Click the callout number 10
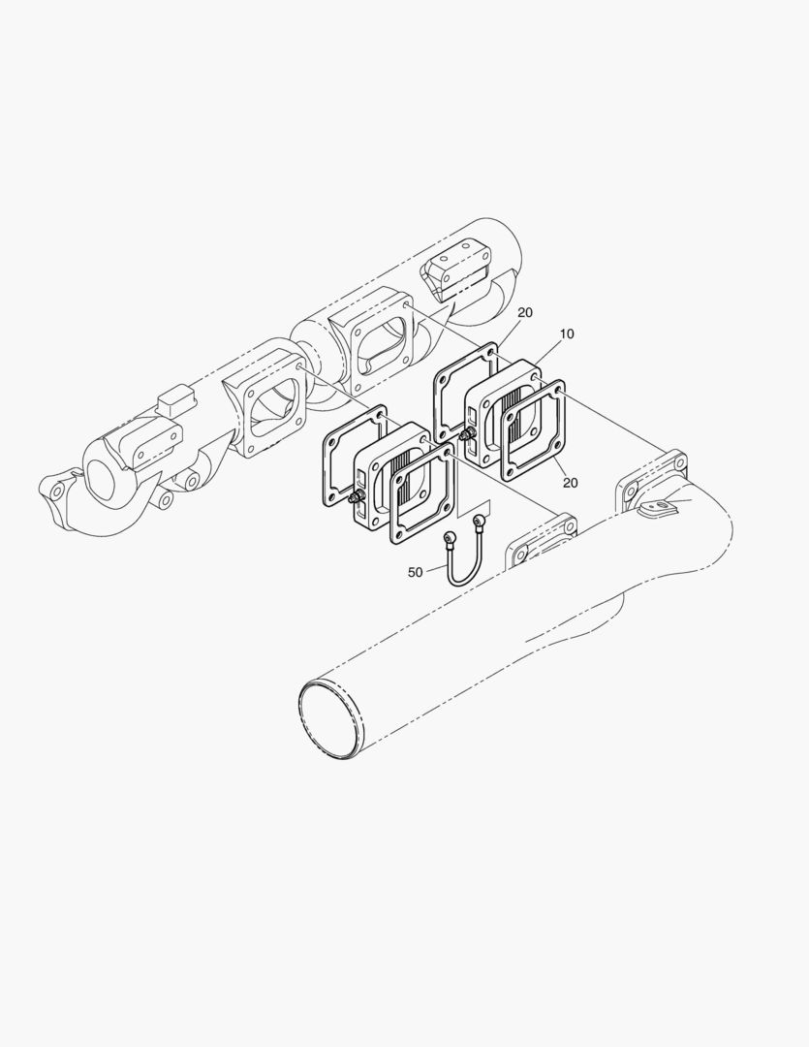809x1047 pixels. pos(567,333)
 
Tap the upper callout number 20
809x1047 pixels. pos(525,312)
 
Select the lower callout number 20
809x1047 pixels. pos(570,482)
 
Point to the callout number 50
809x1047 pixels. pos(416,572)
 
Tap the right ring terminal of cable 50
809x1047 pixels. pos(479,519)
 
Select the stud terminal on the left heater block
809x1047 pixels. pos(356,497)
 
